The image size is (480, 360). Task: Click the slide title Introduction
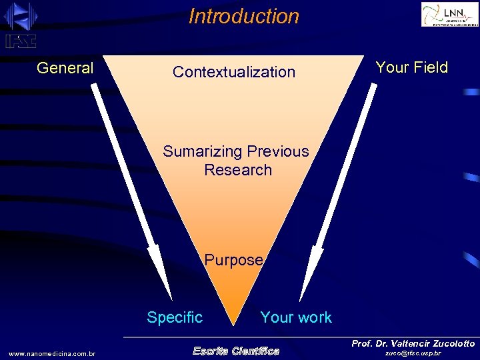[244, 16]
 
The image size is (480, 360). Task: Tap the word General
[65, 68]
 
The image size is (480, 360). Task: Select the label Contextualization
[233, 72]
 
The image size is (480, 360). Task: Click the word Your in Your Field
[391, 67]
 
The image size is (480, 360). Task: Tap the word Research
[238, 170]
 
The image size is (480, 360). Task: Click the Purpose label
[233, 260]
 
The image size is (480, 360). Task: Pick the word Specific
[175, 317]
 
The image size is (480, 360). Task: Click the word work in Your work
[314, 318]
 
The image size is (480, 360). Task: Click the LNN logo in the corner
[449, 14]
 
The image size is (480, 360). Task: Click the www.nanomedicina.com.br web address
[52, 353]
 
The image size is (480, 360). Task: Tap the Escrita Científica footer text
[236, 351]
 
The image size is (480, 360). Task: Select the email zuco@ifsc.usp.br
[413, 353]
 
